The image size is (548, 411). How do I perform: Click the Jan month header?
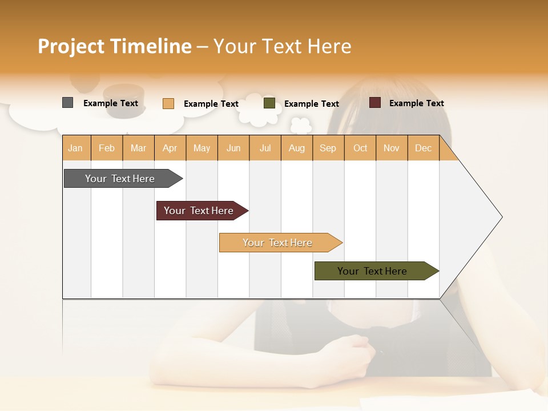pyautogui.click(x=76, y=148)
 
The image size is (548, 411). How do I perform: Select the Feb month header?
pyautogui.click(x=107, y=148)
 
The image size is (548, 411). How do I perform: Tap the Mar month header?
pyautogui.click(x=138, y=148)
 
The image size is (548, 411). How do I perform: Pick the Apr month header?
pyautogui.click(x=170, y=148)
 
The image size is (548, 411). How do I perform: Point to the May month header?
pyautogui.click(x=202, y=148)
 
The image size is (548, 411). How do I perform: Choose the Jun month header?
pyautogui.click(x=233, y=148)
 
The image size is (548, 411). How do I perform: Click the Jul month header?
pyautogui.click(x=265, y=148)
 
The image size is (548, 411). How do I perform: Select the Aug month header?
pyautogui.click(x=297, y=148)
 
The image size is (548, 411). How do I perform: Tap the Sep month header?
pyautogui.click(x=328, y=148)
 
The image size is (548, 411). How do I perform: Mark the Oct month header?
pyautogui.click(x=360, y=148)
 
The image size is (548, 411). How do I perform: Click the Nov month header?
pyautogui.click(x=392, y=148)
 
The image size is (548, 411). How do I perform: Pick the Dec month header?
pyautogui.click(x=424, y=148)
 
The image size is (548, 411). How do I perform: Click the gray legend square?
pyautogui.click(x=68, y=103)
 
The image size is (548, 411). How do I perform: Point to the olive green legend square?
pyautogui.click(x=269, y=103)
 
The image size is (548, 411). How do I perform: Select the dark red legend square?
pyautogui.click(x=375, y=103)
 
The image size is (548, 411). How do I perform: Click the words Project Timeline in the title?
pyautogui.click(x=115, y=46)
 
